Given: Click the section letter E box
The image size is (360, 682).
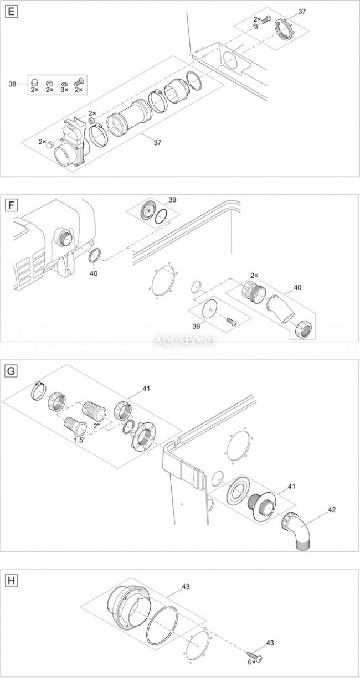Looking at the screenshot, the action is (x=12, y=12).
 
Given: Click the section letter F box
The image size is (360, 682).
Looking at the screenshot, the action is (x=12, y=205).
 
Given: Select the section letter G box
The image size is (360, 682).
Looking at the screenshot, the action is (x=12, y=371).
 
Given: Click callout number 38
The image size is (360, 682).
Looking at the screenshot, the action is (x=12, y=84).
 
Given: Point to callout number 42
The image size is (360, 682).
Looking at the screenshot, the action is (x=331, y=509).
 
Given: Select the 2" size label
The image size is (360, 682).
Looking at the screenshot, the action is (x=97, y=426).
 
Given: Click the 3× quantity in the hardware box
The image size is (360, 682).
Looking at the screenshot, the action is (x=64, y=90).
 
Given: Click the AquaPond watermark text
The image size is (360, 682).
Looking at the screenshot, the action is (x=184, y=340).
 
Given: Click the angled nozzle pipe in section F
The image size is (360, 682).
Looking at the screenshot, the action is (x=280, y=309).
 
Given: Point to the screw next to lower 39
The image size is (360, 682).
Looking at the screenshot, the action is (x=231, y=321).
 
